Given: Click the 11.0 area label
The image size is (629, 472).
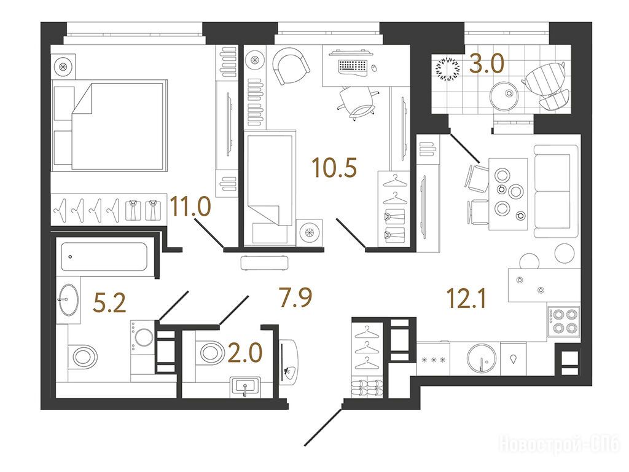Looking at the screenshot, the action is [x=190, y=206].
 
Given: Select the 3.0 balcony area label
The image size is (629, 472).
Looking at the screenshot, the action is [x=486, y=64].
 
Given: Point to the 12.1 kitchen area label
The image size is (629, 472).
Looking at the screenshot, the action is [x=467, y=299].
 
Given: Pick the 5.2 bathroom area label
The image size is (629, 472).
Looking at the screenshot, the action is [x=109, y=302].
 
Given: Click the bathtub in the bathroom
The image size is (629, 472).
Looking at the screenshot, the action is [x=104, y=256].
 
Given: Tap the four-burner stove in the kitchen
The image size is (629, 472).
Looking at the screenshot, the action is [x=564, y=321].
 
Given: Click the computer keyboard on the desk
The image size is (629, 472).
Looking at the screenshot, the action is [x=353, y=66].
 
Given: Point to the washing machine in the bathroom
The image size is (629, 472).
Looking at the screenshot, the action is [x=143, y=337].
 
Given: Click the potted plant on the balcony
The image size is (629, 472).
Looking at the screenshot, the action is [x=448, y=69].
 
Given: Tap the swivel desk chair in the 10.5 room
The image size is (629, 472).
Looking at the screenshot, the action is [x=358, y=103].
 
